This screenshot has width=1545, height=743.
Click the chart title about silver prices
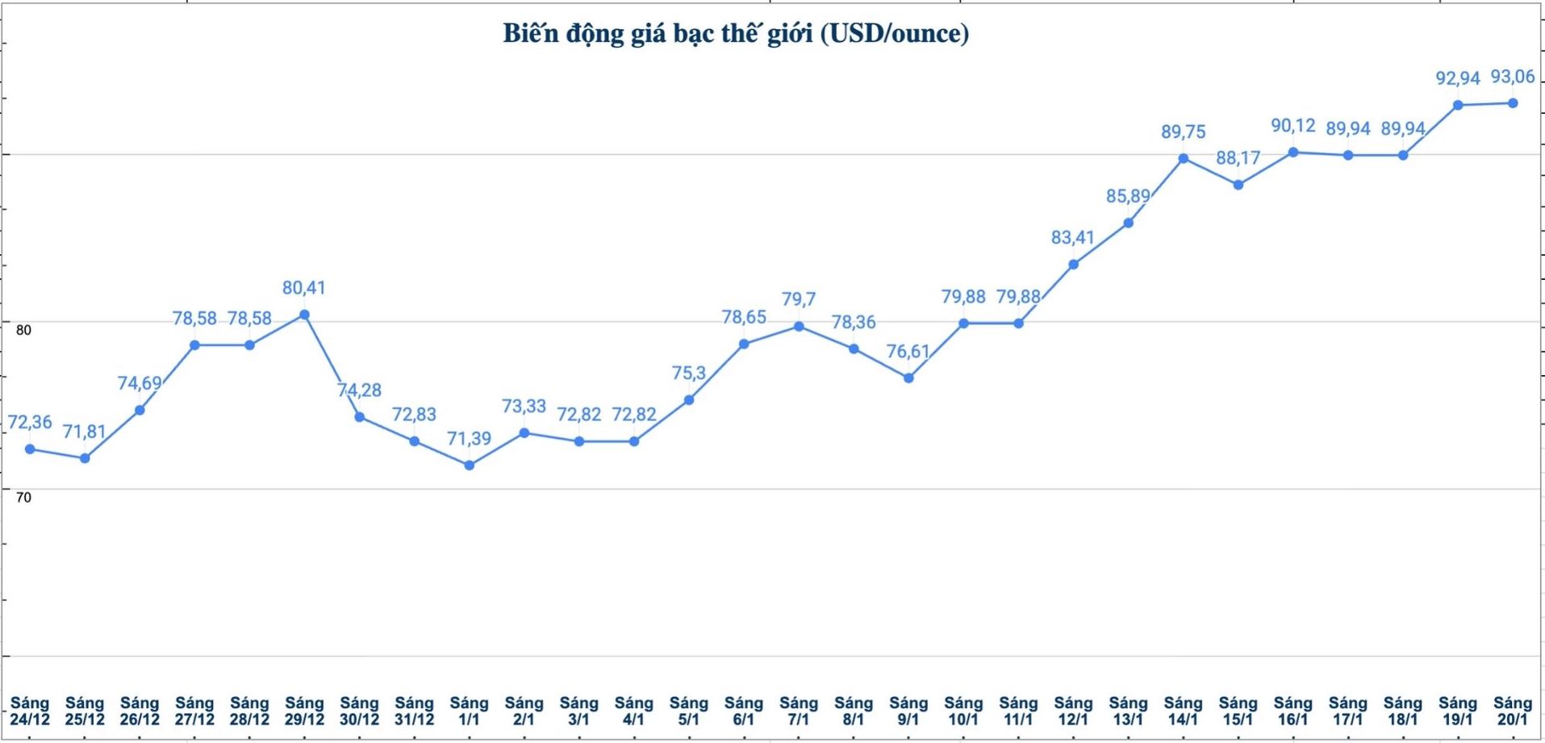click(x=736, y=34)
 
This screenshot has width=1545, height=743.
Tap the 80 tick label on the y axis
click(x=23, y=330)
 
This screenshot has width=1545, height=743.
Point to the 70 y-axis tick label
click(x=23, y=498)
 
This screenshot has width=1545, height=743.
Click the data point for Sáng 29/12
click(x=304, y=315)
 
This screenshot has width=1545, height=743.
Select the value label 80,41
click(x=304, y=288)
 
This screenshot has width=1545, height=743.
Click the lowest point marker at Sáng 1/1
click(x=470, y=465)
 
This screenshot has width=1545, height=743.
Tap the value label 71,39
click(x=470, y=439)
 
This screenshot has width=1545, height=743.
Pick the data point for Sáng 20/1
click(x=1513, y=103)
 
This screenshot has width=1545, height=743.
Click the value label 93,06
click(x=1513, y=77)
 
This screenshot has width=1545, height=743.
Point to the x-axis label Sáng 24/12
click(x=30, y=712)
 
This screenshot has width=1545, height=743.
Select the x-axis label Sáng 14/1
click(x=1184, y=712)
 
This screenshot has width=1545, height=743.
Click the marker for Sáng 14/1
click(x=1184, y=158)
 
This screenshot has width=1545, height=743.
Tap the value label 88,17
click(x=1238, y=158)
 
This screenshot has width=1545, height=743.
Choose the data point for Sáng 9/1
click(x=908, y=378)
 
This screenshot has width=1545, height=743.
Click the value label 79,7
click(x=799, y=299)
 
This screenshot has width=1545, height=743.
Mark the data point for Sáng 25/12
click(x=85, y=458)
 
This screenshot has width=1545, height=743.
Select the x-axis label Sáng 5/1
click(x=689, y=712)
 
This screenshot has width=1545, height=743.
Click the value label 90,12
click(x=1293, y=126)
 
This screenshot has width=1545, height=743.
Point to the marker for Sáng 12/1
click(x=1074, y=265)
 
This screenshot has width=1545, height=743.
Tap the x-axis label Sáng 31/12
click(x=414, y=712)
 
